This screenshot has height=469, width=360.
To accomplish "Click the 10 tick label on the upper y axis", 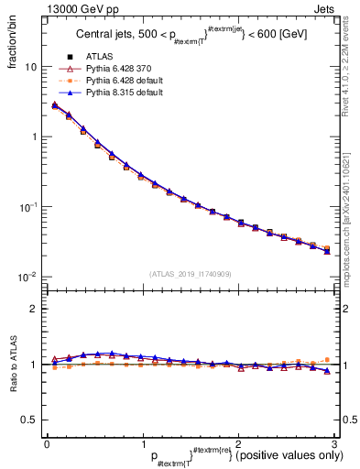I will coord(31,68).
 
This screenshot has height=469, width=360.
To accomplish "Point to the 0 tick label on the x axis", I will coord(47,444).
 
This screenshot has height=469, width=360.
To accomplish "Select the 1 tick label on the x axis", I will coord(142,444).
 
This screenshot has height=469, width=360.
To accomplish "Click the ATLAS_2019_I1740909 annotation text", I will coord(190,274).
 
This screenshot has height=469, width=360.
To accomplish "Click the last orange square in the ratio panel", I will coord(327,360).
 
